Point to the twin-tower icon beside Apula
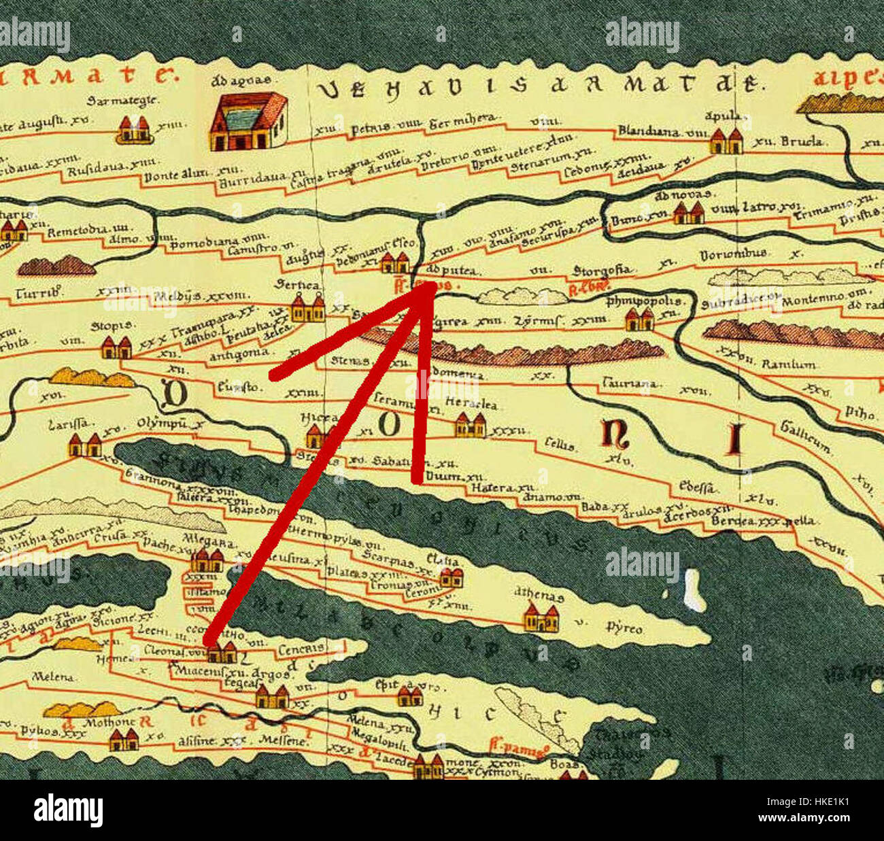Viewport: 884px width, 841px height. [726, 142]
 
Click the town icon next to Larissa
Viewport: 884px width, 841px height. [85, 446]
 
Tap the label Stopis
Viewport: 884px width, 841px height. [111, 326]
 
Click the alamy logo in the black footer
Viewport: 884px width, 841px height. [68, 810]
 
